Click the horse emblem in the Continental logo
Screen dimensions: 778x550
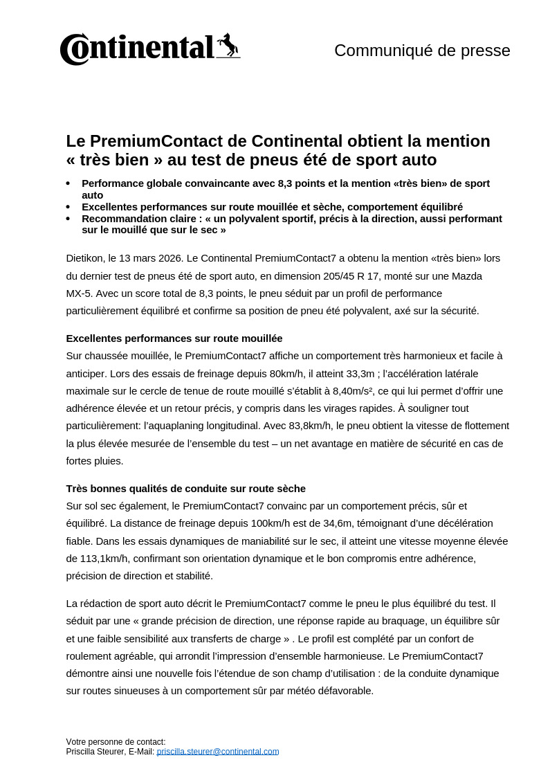coord(228,46)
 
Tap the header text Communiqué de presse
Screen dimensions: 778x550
coord(422,51)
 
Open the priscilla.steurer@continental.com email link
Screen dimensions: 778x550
coord(217,751)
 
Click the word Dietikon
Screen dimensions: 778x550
coord(86,258)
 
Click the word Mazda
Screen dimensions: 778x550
coord(466,275)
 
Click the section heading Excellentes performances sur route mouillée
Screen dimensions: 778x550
coord(174,338)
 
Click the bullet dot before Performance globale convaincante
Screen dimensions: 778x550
coord(68,183)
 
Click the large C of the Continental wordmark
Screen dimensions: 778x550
coord(75,50)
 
